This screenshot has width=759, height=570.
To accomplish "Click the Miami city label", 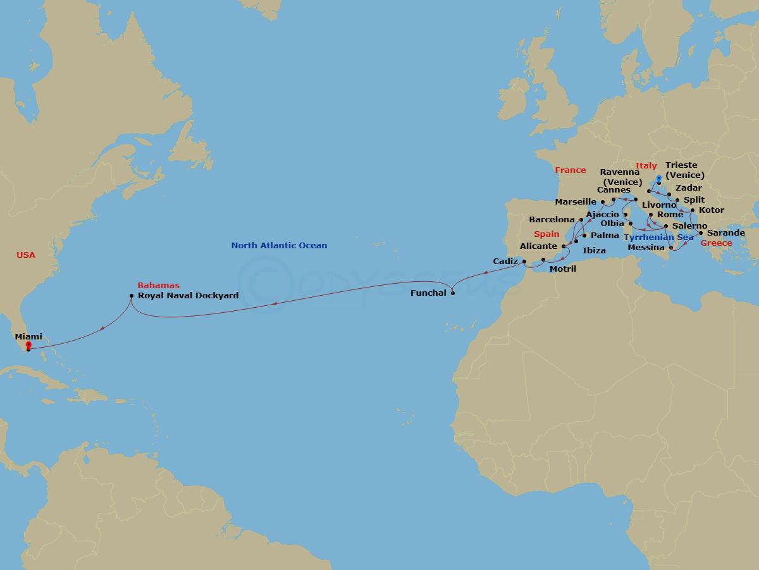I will coord(28,337).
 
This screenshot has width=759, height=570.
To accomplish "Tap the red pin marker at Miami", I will coord(28,346).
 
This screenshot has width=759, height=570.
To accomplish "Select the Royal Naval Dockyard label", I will coord(188,295).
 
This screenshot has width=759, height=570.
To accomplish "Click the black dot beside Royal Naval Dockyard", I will coord(131,295).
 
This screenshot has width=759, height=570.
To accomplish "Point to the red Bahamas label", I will coord(159,286).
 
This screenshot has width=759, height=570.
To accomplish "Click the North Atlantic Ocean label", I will coord(279,246).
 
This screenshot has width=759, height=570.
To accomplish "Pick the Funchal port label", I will coord(428,293).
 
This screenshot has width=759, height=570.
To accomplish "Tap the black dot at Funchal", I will coord(452,293).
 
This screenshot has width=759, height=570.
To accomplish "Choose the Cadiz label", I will coord(505,261).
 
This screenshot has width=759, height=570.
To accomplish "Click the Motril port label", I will coord(563,269).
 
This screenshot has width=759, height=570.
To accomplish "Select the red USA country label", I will coord(26,255).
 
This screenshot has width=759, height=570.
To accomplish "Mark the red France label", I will coord(571,170).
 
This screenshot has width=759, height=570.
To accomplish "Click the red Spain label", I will coord(546,234).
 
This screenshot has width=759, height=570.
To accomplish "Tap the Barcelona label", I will coord(552,220).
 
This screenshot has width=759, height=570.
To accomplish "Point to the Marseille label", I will coord(576,202).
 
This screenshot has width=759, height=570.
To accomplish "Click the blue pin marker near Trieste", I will coord(659,180).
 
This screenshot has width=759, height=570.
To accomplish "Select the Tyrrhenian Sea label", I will coord(658,237).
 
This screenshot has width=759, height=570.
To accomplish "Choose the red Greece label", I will coord(716,243).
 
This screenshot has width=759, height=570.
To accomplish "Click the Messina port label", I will coord(646,248).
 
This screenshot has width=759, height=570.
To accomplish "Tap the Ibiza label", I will coord(594,251).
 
